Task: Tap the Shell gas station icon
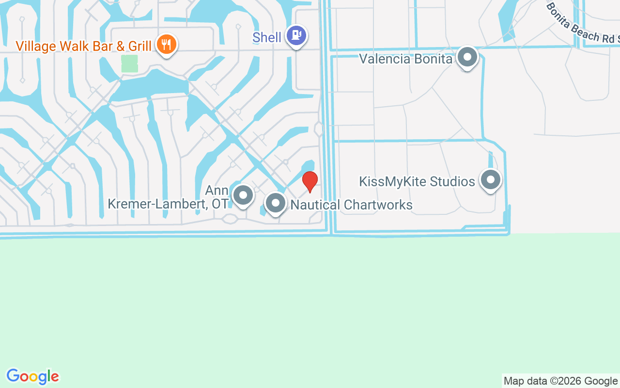coord(296,35)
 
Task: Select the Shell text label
coord(267,37)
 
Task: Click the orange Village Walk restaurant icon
coord(167,45)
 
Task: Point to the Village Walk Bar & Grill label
coord(83,46)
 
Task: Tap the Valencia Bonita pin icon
coord(467,57)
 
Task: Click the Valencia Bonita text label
coord(405,59)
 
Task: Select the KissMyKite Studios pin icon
coord(490,180)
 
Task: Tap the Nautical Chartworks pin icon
coord(276,203)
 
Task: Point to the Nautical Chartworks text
coord(351,205)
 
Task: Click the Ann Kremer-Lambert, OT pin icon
coord(243,195)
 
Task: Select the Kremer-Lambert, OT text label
coord(168,204)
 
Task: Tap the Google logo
coord(32,376)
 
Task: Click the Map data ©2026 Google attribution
coord(560,381)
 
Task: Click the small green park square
coord(129,64)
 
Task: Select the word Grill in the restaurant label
coord(140,46)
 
